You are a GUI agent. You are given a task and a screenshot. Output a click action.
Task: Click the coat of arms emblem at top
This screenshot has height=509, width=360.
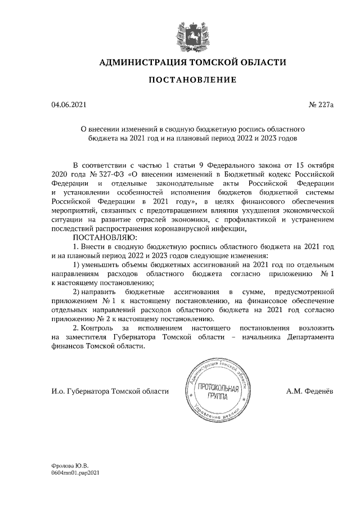(x=191, y=34)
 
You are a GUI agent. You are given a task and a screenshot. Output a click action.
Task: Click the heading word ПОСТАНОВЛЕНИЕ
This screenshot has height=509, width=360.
(x=191, y=80)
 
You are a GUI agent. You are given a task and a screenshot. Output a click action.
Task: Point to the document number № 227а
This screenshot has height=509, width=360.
(x=321, y=105)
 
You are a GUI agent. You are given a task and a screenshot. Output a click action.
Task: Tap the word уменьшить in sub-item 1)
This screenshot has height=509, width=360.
(x=101, y=264)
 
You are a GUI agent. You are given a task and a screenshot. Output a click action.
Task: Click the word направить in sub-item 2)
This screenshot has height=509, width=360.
(x=100, y=291)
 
